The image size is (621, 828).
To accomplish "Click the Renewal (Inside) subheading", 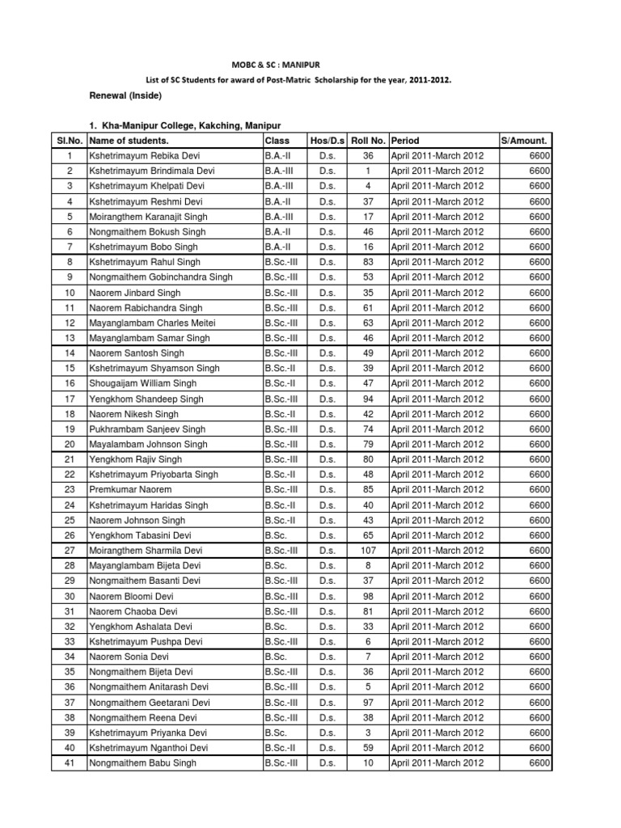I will (x=125, y=96).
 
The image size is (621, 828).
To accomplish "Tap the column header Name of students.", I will (x=129, y=141).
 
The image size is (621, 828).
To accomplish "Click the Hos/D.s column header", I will (x=327, y=141).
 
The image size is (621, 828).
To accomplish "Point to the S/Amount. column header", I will (x=526, y=141).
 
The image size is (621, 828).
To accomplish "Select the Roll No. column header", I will (x=368, y=141).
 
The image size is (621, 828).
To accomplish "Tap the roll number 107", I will (x=368, y=551).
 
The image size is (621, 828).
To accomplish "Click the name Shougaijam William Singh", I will (x=143, y=383).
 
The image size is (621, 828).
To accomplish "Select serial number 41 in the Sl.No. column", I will (x=70, y=763).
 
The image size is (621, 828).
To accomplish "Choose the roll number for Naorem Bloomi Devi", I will (x=368, y=596).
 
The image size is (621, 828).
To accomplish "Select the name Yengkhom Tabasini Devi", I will (x=140, y=535).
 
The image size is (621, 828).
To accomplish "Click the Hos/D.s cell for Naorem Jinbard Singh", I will (x=327, y=293).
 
